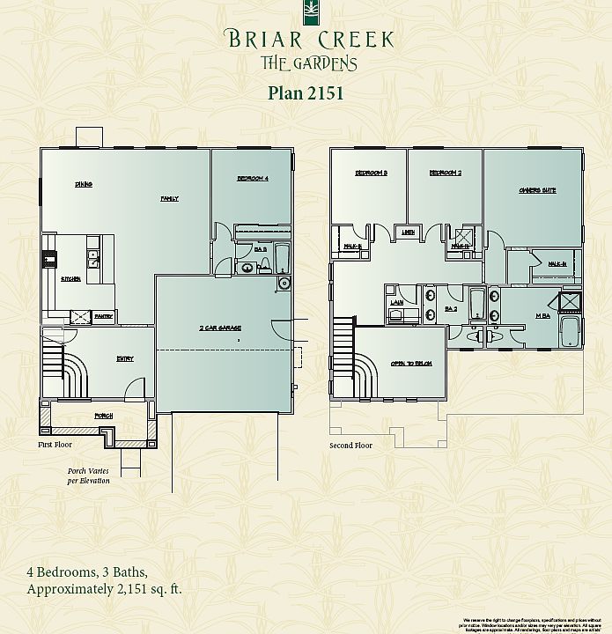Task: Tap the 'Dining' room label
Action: tap(84, 184)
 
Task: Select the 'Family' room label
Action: tap(169, 198)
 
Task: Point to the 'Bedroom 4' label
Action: tap(252, 179)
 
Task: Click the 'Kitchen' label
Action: tap(70, 279)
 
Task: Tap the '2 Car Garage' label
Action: tap(220, 328)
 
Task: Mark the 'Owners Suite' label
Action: tap(537, 190)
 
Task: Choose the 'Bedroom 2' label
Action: tap(446, 173)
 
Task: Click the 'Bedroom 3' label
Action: tap(371, 173)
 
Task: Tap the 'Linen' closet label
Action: tap(408, 232)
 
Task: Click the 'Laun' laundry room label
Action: tap(397, 302)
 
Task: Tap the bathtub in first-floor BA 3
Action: tap(282, 258)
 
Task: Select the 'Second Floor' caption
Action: tap(350, 446)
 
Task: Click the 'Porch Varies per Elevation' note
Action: tap(89, 475)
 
